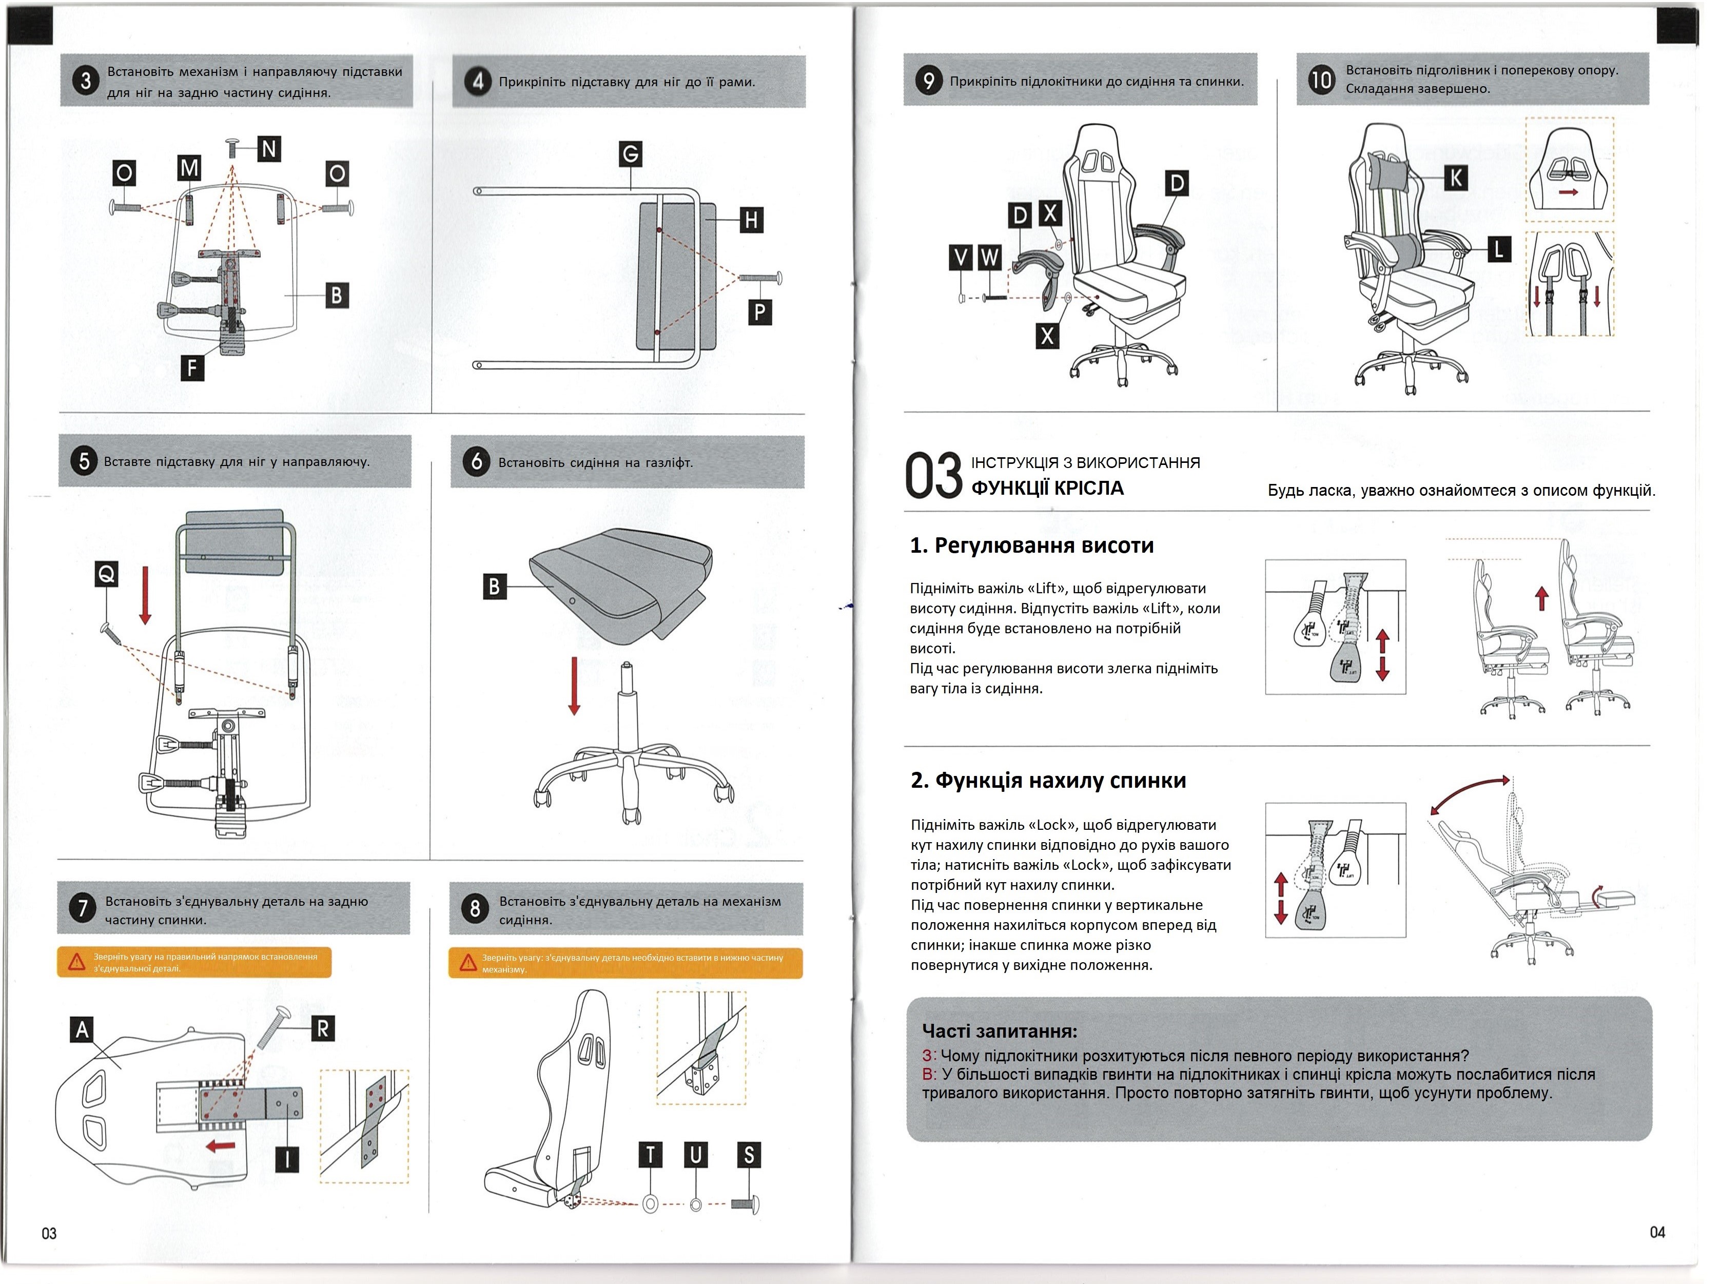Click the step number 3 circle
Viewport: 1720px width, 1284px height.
(86, 81)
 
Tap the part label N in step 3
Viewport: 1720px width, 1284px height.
(269, 148)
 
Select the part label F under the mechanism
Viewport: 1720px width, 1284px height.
(192, 367)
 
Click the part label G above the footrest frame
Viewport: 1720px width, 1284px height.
(630, 154)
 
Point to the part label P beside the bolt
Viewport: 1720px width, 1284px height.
(759, 313)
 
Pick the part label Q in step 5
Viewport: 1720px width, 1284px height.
(107, 574)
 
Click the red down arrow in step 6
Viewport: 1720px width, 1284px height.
(574, 686)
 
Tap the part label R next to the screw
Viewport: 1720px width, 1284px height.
(323, 1029)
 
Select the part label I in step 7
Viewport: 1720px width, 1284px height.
(287, 1160)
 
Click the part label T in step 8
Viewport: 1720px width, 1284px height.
(651, 1155)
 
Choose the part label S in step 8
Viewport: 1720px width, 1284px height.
(749, 1155)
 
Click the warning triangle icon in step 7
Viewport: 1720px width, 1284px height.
(76, 963)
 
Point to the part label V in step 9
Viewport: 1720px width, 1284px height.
(962, 257)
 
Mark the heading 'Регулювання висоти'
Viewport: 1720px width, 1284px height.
(1044, 546)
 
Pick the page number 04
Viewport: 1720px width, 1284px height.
(1657, 1232)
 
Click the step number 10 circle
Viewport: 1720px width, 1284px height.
(1321, 79)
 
